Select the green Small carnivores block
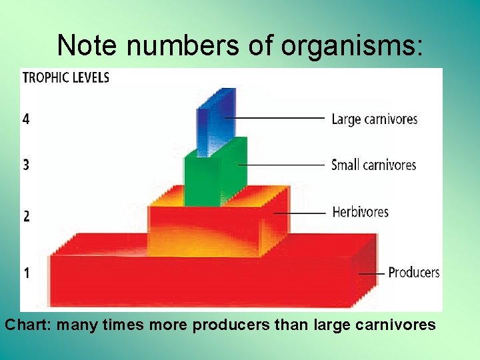point(212,177)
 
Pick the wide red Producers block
point(200,280)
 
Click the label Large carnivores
point(374,119)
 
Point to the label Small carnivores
point(373,165)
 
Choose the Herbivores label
point(360,212)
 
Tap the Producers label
point(413,272)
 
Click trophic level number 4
point(26,119)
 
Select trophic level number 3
point(26,165)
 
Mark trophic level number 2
point(26,216)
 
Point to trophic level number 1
point(26,273)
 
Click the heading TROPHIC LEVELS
point(66,77)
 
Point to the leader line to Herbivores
point(303,213)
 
